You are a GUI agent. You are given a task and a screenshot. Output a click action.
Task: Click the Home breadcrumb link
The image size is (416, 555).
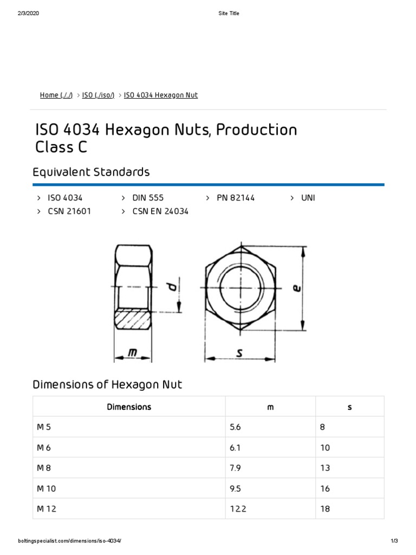point(56,95)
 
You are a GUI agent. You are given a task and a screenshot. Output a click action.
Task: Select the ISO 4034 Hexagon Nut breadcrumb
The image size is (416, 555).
point(161,95)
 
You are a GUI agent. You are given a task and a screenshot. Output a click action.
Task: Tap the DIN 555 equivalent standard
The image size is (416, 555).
point(148,198)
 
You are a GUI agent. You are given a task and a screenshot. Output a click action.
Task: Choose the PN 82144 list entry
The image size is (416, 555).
point(236,198)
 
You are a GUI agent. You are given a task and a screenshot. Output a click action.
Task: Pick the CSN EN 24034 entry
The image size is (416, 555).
point(160,211)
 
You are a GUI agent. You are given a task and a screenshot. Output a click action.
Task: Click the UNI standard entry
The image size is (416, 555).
point(308,198)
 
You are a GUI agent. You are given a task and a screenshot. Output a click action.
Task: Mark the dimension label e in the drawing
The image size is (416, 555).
point(296,288)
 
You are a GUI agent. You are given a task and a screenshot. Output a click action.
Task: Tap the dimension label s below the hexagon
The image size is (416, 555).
point(239,353)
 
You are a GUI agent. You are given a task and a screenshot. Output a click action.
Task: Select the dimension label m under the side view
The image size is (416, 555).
point(132,353)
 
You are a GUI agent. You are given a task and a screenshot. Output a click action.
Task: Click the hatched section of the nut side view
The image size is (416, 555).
point(133,319)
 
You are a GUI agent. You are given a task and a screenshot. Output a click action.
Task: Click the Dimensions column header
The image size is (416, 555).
point(129,406)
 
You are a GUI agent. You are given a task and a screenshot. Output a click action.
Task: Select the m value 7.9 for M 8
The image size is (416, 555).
point(235,468)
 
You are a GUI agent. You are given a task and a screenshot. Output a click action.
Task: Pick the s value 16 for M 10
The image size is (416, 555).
point(324,488)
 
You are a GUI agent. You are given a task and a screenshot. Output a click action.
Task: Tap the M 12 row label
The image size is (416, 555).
point(47,509)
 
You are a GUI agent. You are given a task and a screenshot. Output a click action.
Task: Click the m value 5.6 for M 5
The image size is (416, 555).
point(235,427)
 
